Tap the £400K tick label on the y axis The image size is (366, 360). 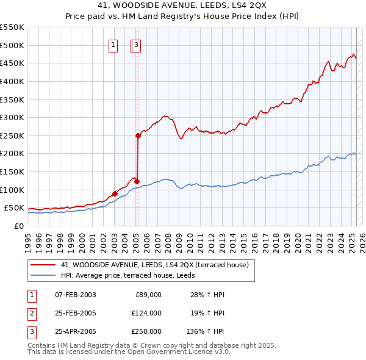pyautogui.click(x=12, y=81)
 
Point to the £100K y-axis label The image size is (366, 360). pyautogui.click(x=12, y=190)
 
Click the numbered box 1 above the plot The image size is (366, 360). pyautogui.click(x=113, y=44)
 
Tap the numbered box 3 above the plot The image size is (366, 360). pyautogui.click(x=137, y=44)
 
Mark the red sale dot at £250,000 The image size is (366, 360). pyautogui.click(x=138, y=136)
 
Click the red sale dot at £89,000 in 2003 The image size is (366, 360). pyautogui.click(x=115, y=194)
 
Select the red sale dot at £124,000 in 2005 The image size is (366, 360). pyautogui.click(x=137, y=181)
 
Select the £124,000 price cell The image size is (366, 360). pyautogui.click(x=147, y=313)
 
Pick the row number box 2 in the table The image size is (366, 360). pyautogui.click(x=31, y=313)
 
